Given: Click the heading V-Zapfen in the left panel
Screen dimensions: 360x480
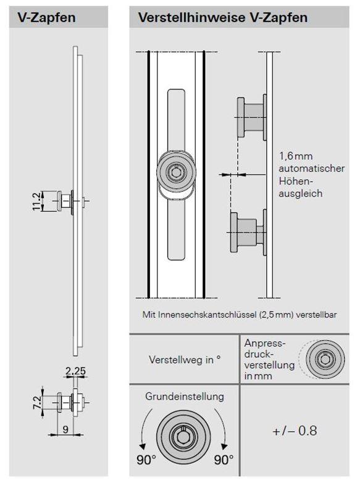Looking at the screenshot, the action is point(46,17).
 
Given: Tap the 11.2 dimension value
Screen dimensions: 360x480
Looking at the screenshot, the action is point(36,201).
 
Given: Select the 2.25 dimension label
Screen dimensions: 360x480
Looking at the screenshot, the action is point(76,371).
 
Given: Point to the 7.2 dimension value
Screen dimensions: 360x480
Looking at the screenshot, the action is point(37,402).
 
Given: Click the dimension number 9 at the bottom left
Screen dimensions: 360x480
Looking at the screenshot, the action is point(65,429).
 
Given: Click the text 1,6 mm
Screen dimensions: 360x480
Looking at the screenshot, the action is point(296,156).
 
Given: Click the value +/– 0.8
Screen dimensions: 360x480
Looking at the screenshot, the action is point(295,431).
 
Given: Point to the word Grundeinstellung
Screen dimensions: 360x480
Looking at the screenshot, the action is point(185,397).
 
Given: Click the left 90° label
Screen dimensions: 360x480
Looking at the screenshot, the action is point(146,460).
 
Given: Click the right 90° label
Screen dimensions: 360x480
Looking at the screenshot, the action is point(224,460).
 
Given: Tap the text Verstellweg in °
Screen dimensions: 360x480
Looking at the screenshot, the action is point(185,360).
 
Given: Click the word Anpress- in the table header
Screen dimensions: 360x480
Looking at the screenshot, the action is point(265,343).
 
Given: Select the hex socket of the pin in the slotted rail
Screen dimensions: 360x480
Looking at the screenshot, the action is point(176,172).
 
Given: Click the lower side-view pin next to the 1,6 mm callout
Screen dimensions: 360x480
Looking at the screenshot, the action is point(248,232).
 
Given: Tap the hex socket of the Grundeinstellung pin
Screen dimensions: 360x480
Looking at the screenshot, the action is point(183,436).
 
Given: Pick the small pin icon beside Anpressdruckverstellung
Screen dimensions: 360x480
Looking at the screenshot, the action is point(325,358).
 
